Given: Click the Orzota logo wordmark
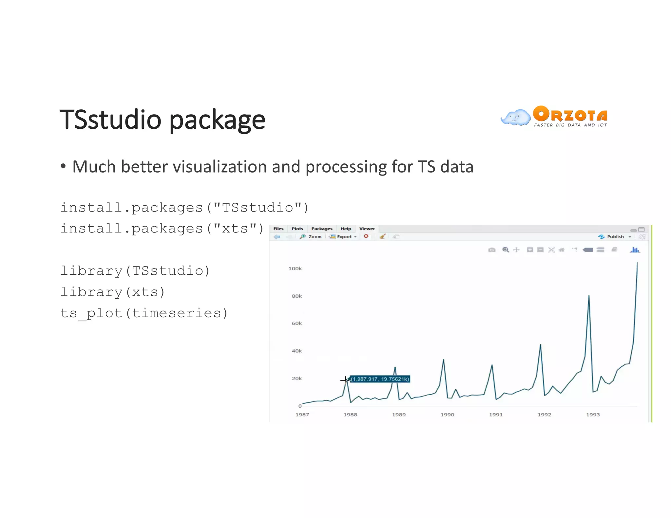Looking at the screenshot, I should [x=570, y=114].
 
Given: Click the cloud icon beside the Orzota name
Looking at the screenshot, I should [x=516, y=118].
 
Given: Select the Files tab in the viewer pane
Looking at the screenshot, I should [x=278, y=229].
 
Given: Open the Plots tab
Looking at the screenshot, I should [x=297, y=229].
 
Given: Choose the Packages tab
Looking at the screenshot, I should [x=321, y=229].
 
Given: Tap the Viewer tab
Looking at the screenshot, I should [x=367, y=229].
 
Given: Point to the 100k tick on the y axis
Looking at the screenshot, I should [x=295, y=268].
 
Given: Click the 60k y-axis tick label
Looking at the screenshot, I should [x=297, y=323].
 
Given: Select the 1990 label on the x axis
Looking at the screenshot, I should [x=447, y=415].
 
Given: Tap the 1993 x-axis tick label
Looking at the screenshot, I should [x=593, y=415].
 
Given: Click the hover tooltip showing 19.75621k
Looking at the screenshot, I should [x=380, y=379].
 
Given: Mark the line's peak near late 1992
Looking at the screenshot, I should [x=589, y=296].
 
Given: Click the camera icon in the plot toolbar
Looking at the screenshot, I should [x=491, y=250].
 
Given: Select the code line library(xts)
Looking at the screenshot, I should [x=112, y=292].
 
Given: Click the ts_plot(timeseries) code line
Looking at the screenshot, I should [x=144, y=313].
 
